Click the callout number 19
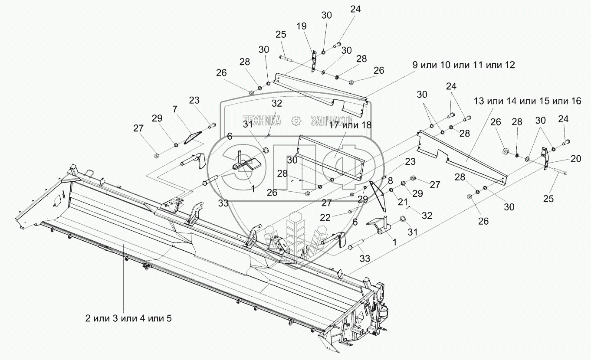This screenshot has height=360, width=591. tap(301, 26)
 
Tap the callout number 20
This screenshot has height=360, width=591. tap(576, 158)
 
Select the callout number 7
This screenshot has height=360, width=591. tap(175, 109)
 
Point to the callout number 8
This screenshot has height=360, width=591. tap(390, 181)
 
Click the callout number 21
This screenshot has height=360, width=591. tap(403, 202)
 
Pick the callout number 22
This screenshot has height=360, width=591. tap(325, 218)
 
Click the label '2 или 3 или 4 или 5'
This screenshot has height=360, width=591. tap(128, 318)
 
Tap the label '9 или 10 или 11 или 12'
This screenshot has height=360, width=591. tap(463, 65)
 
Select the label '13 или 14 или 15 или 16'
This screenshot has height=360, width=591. tap(527, 101)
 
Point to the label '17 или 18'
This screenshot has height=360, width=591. tap(350, 125)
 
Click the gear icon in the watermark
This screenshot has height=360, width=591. tap(296, 121)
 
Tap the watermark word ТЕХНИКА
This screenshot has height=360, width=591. tap(262, 121)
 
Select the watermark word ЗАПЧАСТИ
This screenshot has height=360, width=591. tap(332, 121)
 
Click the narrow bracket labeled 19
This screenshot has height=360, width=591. tap(313, 61)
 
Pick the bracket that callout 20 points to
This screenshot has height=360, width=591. tap(545, 158)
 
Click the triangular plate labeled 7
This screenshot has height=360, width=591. tap(193, 137)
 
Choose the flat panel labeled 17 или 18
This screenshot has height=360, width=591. tap(331, 158)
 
